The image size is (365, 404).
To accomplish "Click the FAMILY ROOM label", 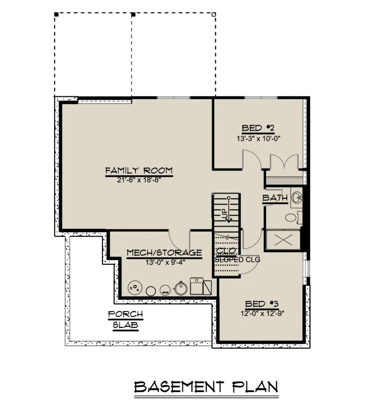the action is (x=139, y=171).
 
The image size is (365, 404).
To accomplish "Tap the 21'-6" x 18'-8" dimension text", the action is (x=139, y=180).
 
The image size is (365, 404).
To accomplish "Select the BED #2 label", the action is (x=258, y=128).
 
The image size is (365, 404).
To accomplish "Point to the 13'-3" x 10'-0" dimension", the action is (x=259, y=139).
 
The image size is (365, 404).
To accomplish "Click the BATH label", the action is (x=275, y=198).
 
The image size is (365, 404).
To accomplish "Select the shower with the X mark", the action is (x=283, y=240).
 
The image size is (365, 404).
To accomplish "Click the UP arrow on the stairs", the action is (x=229, y=210).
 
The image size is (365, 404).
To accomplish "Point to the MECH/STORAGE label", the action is (x=164, y=252).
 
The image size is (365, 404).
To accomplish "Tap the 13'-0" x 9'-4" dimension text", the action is (x=165, y=262).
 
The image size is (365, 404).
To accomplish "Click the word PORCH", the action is (x=125, y=314).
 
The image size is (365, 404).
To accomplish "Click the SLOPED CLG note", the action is (x=237, y=260).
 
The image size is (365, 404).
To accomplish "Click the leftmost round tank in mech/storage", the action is (x=135, y=288).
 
